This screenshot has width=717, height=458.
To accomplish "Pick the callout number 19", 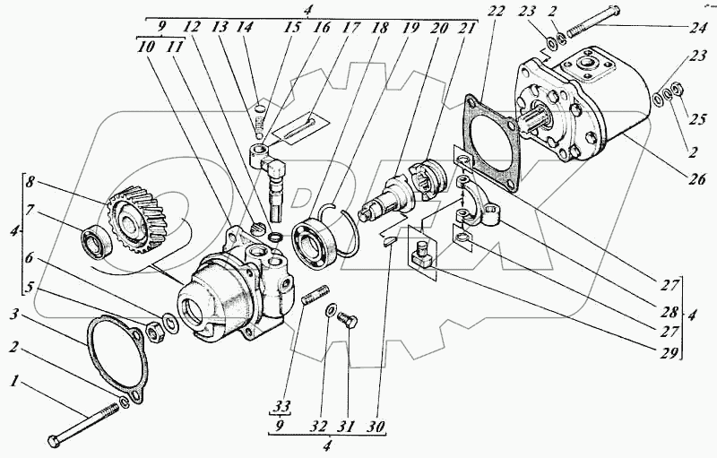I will (x=410, y=27).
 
